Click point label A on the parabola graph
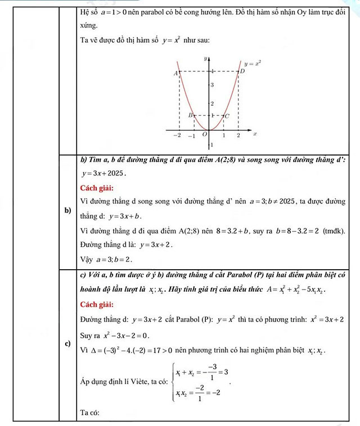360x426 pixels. [176, 73]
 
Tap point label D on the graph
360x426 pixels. [242, 71]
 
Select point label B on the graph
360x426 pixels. [191, 115]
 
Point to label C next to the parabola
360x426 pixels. [226, 116]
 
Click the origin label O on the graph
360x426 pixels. [205, 134]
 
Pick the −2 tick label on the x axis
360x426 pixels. [177, 136]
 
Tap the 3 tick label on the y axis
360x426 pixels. [211, 85]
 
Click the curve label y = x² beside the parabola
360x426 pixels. [253, 64]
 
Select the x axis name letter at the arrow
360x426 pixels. [255, 134]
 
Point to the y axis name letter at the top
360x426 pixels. [206, 58]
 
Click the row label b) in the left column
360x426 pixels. [67, 211]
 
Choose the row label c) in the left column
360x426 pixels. [67, 343]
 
